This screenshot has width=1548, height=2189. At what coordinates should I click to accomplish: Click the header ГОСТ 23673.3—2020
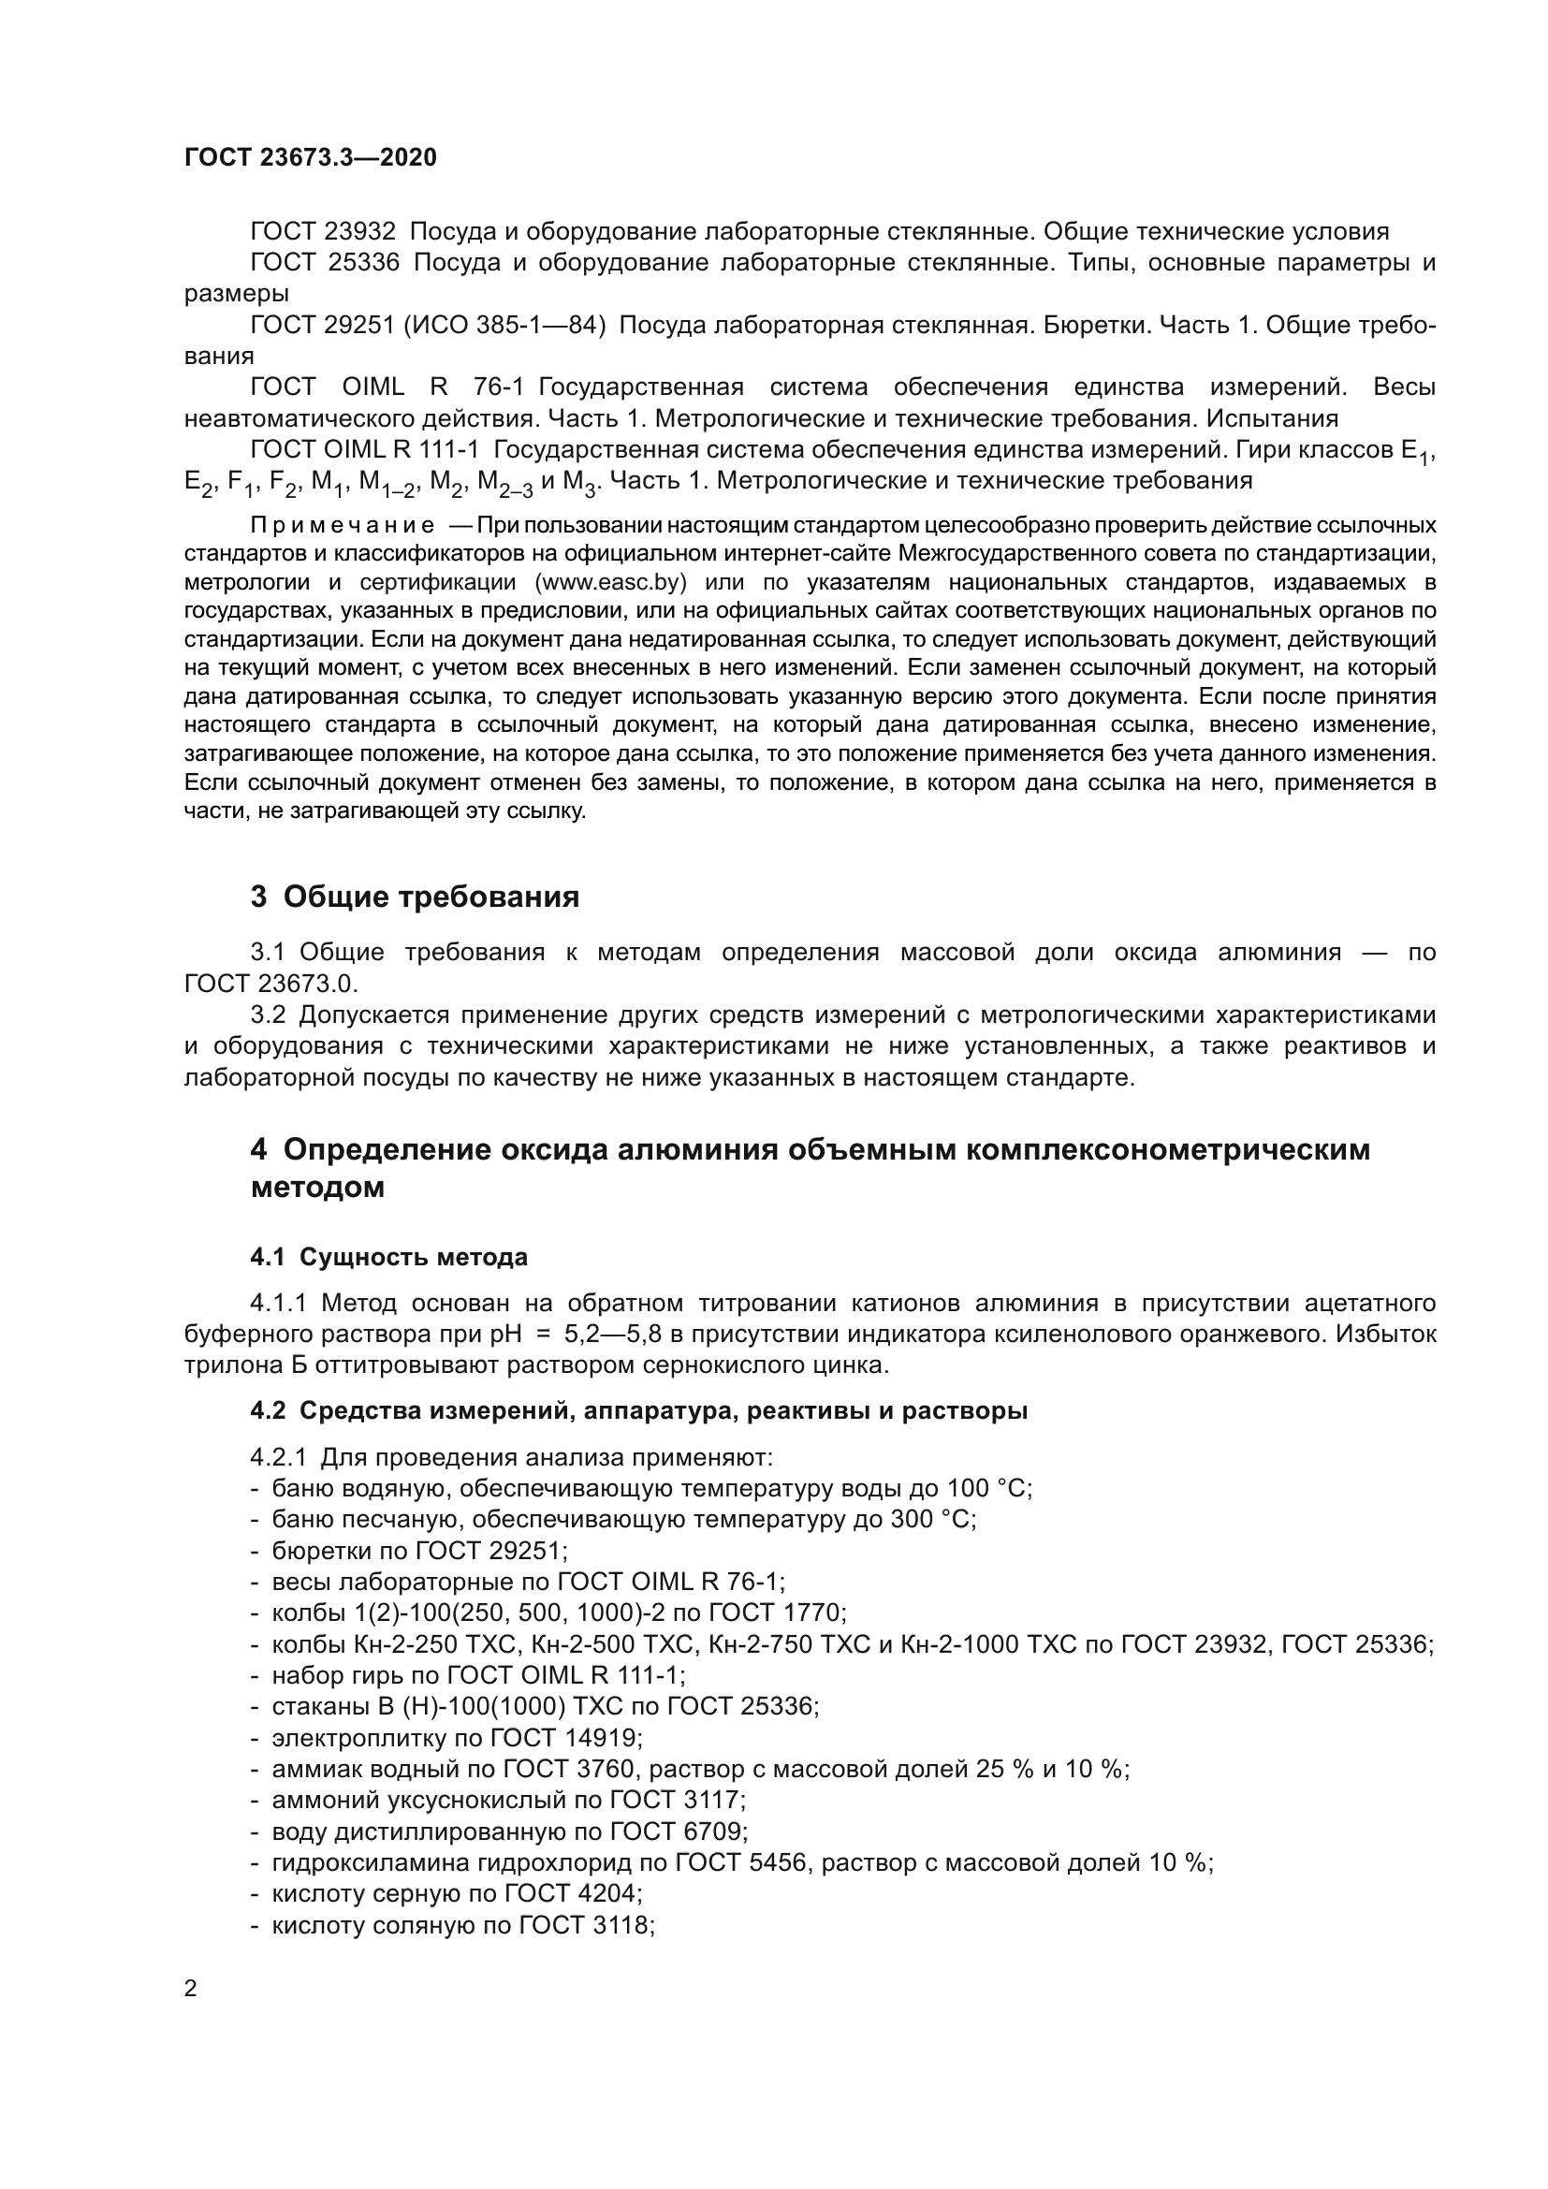(x=310, y=157)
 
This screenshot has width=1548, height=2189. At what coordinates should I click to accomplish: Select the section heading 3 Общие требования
(x=415, y=897)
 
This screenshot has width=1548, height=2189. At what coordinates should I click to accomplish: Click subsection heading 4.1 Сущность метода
(x=389, y=1257)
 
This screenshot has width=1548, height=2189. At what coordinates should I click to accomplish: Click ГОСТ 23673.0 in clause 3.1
(x=270, y=983)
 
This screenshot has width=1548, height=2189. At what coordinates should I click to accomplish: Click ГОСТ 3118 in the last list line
(x=585, y=1924)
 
